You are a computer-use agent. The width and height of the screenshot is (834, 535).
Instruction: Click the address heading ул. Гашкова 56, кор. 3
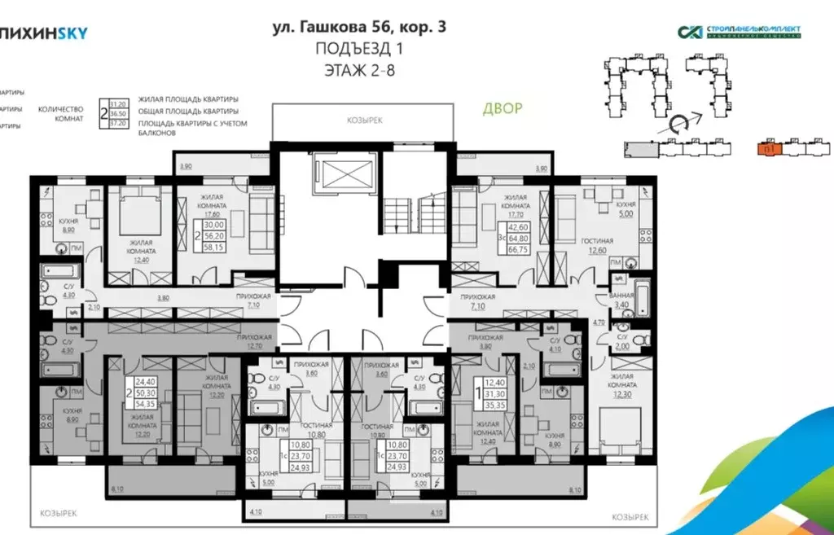[x=358, y=27]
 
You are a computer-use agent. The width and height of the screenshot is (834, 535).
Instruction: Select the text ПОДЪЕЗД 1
[x=358, y=49]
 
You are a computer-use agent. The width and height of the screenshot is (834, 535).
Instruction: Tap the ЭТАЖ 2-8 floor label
[x=358, y=69]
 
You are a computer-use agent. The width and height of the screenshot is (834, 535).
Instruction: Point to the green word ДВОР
[x=502, y=107]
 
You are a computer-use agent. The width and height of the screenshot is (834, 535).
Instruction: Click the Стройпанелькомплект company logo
[x=739, y=32]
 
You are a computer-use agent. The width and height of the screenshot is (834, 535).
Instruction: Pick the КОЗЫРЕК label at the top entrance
[x=364, y=120]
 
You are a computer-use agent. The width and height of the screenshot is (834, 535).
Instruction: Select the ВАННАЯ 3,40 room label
[x=621, y=302]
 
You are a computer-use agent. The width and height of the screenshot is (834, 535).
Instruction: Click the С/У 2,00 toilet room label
[x=622, y=340]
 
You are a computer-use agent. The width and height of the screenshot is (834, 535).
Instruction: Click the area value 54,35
[x=144, y=403]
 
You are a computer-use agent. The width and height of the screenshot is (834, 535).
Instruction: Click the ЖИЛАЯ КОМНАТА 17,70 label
[x=517, y=204]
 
